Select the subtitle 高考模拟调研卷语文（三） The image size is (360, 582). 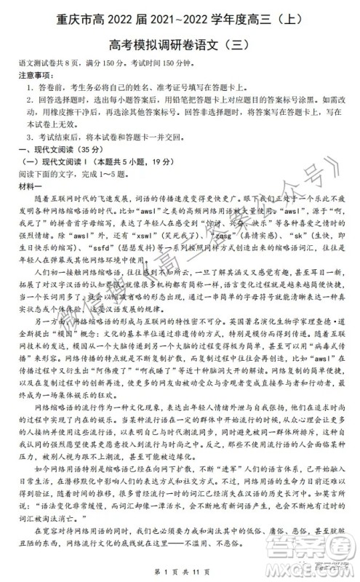click(180, 44)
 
